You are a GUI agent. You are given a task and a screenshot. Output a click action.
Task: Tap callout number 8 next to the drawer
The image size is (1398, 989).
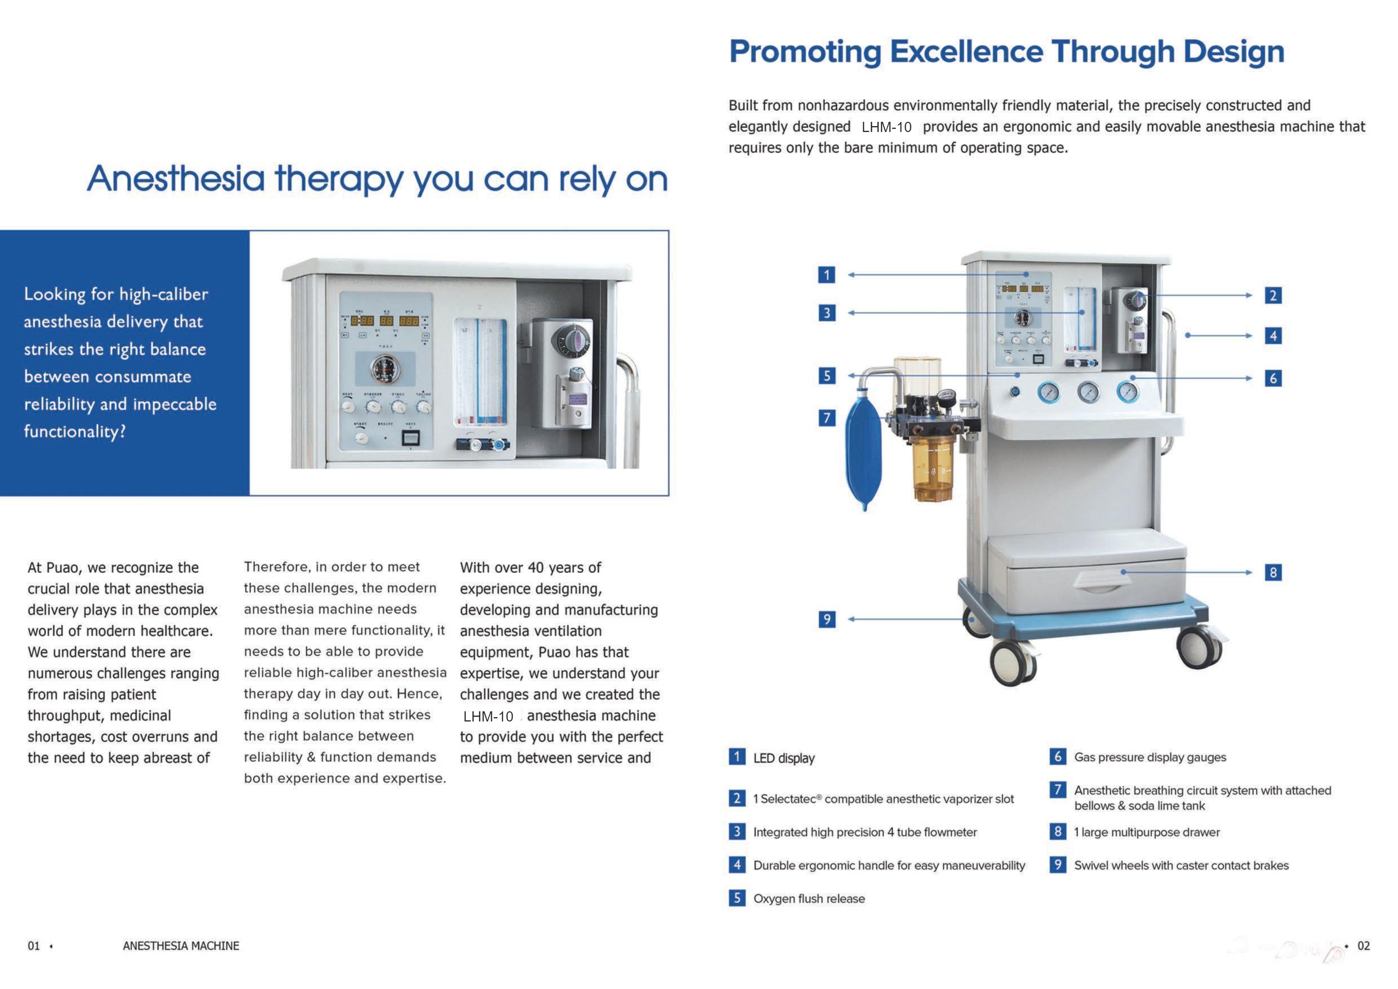click(x=1273, y=573)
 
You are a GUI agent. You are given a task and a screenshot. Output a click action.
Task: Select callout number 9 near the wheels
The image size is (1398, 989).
click(x=826, y=619)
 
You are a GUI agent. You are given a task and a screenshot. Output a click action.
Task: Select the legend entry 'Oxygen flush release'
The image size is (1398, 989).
click(x=809, y=899)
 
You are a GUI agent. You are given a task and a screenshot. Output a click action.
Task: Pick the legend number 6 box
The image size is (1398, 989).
click(x=1058, y=757)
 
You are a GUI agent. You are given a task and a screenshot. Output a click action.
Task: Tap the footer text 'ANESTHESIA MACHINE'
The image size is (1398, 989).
click(x=181, y=946)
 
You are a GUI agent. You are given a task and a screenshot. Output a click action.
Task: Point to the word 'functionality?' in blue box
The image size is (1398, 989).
click(x=75, y=432)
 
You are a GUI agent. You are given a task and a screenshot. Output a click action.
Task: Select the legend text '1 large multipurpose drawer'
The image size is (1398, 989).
click(x=1147, y=832)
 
